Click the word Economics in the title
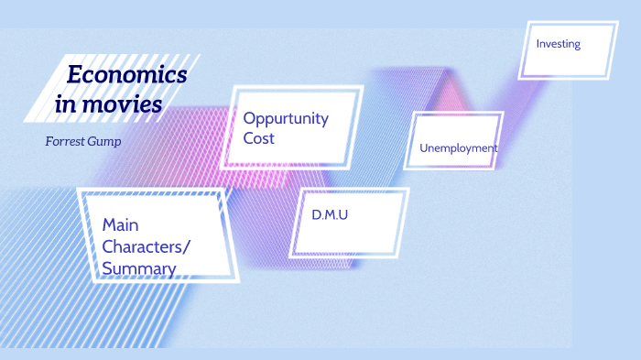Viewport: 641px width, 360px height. (x=127, y=75)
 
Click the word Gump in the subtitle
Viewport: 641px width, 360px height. (x=106, y=143)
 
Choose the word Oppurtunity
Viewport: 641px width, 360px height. (x=286, y=118)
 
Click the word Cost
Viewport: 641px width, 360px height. (x=258, y=138)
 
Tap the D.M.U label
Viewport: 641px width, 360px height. (x=330, y=215)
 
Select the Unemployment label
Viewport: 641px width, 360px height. (x=458, y=147)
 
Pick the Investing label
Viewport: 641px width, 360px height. (x=558, y=43)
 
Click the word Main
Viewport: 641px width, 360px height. (x=120, y=224)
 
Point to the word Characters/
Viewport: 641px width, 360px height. (x=147, y=245)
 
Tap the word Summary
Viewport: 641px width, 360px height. (x=139, y=267)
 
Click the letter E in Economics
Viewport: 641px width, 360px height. (x=74, y=75)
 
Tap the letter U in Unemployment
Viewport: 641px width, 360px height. (x=423, y=147)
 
